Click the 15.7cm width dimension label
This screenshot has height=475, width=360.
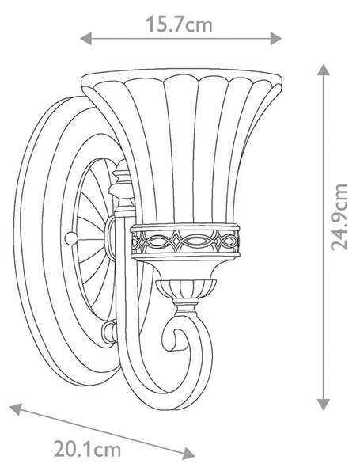coord(179,24)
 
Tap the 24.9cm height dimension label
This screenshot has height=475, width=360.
coord(339,217)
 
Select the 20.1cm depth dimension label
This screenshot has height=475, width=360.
coord(87,449)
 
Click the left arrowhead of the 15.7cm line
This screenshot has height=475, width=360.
coord(85,39)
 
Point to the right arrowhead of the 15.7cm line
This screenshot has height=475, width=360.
coord(276,39)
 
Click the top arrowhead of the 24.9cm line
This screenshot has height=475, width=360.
coord(324,70)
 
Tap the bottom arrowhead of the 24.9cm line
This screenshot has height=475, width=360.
coord(324,405)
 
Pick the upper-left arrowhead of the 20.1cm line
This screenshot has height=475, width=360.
coord(17,409)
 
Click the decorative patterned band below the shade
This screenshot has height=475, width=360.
coord(185,241)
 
